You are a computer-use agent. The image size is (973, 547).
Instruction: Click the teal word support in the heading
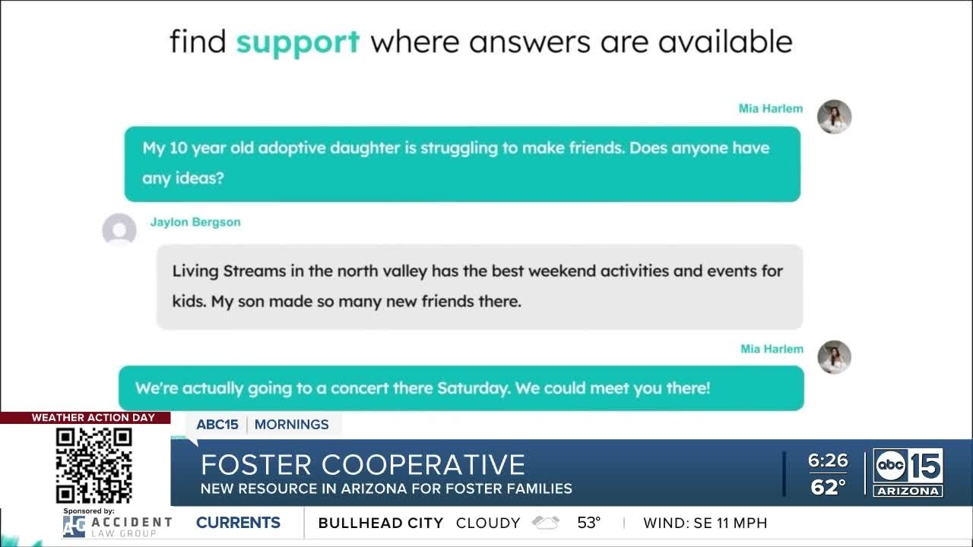click(x=297, y=42)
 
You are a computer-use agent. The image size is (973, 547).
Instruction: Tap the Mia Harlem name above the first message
click(x=770, y=109)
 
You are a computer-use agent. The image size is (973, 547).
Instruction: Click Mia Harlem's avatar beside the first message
click(x=834, y=117)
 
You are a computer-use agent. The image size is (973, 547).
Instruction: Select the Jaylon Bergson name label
click(x=195, y=222)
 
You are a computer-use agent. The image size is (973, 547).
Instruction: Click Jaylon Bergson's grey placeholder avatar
click(x=119, y=229)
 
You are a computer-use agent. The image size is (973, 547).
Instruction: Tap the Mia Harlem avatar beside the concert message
click(x=834, y=357)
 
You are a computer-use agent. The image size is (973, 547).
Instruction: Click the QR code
click(x=93, y=465)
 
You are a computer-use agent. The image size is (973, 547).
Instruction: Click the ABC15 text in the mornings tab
click(x=217, y=425)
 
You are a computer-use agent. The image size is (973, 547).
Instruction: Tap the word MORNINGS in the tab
click(x=291, y=425)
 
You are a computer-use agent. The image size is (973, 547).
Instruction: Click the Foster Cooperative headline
click(x=363, y=464)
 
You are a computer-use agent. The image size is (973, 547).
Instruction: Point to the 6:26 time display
click(x=828, y=460)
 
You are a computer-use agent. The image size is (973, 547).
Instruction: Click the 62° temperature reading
click(x=828, y=487)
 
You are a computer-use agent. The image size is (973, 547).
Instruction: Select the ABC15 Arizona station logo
click(x=908, y=472)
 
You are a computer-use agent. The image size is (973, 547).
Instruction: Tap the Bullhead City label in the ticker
click(x=380, y=523)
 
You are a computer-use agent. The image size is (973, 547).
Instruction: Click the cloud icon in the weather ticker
click(x=545, y=523)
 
